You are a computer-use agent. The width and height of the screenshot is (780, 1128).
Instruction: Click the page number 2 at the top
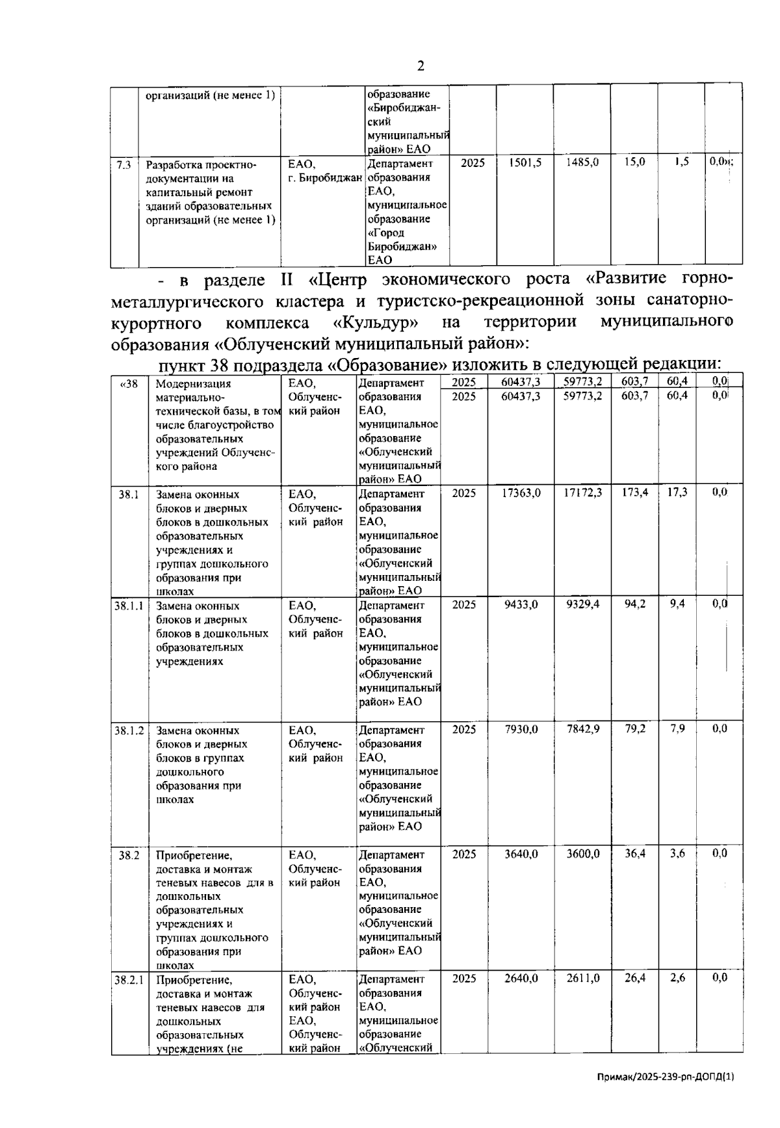coord(421,66)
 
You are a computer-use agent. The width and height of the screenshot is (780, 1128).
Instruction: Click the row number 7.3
coord(123,165)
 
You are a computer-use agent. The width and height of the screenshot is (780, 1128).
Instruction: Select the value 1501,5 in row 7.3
coord(525,163)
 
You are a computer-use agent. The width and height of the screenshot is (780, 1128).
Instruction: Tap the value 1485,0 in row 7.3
coord(582,163)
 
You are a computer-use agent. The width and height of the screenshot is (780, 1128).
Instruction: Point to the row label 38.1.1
coord(129,605)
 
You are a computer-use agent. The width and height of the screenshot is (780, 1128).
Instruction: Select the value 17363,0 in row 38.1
coord(521,493)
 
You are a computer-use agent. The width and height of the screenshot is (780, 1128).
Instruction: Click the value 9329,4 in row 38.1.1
coord(583,604)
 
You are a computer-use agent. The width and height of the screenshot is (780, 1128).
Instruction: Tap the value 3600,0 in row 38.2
coord(583,854)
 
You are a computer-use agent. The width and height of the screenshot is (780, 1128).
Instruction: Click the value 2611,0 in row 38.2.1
coord(583,978)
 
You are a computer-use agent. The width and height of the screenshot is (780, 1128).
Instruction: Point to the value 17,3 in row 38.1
coord(677,493)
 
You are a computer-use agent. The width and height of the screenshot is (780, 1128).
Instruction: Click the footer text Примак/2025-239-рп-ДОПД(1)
coord(666,1095)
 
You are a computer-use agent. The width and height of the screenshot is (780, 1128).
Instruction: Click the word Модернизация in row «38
coord(194,383)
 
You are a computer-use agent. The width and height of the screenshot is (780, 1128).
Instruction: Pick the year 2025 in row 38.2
coord(464,854)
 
